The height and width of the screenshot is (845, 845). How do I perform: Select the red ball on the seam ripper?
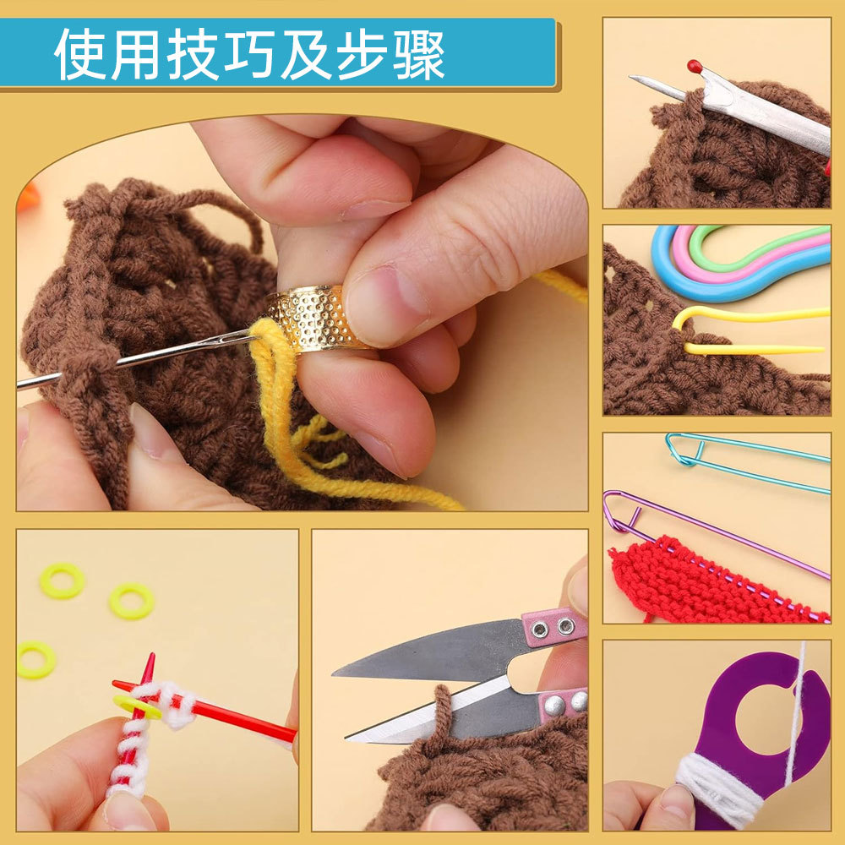click(695, 65)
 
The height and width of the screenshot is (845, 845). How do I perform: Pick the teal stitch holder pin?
click(744, 461)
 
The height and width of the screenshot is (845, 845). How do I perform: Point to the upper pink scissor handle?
click(553, 625)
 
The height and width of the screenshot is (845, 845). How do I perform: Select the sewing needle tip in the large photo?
click(20, 384)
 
